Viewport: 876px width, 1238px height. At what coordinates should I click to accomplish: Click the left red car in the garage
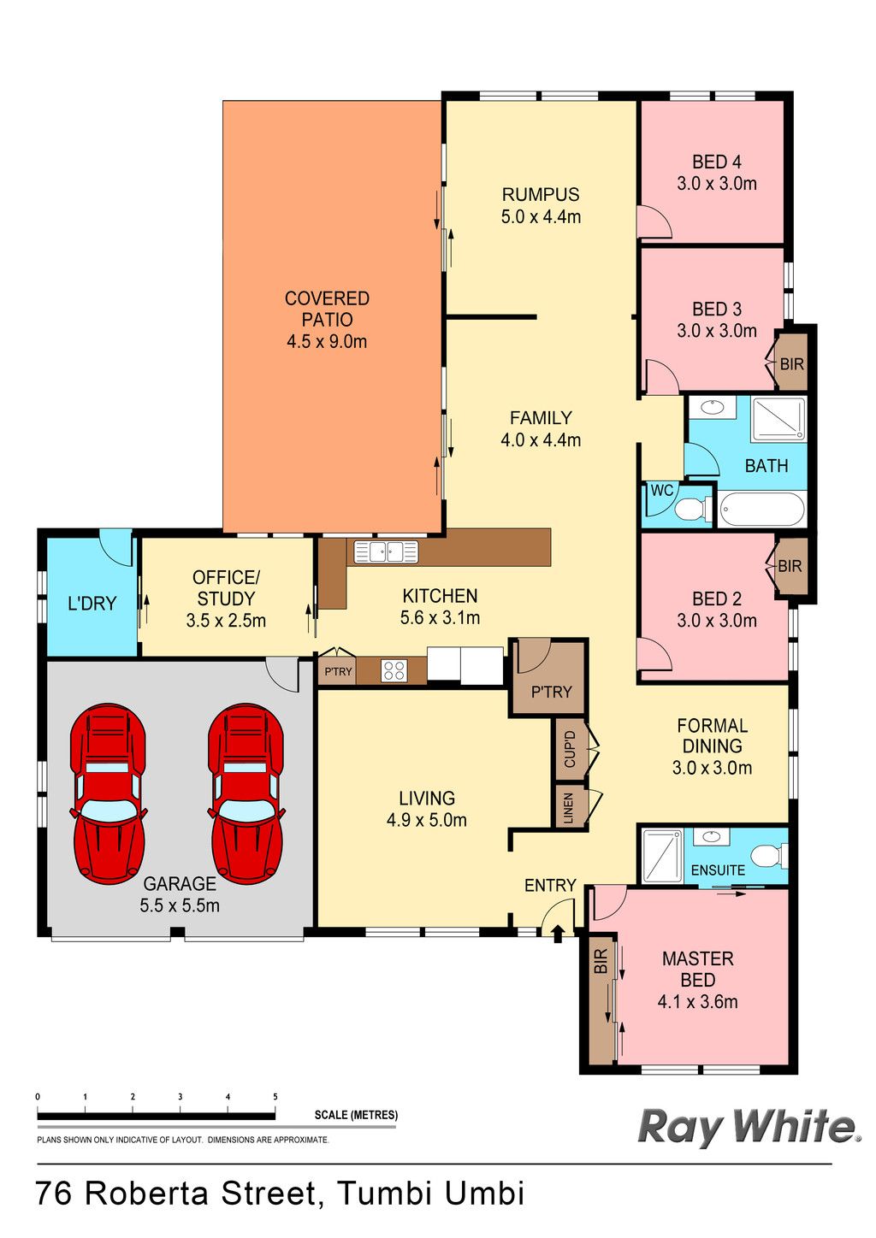point(108,793)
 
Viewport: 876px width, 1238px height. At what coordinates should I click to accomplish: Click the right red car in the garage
point(246,793)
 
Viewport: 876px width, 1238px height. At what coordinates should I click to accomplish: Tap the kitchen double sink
point(386,551)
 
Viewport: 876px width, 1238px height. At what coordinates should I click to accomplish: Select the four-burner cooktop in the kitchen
point(394,670)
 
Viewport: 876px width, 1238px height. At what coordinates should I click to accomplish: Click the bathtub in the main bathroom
point(761,509)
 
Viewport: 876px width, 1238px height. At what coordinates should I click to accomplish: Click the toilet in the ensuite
point(773,855)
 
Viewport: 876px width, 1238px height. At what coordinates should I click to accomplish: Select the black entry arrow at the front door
point(558,934)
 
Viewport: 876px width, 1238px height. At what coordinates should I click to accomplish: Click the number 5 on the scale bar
point(275,1097)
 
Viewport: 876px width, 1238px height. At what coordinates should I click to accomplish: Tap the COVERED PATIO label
point(326,309)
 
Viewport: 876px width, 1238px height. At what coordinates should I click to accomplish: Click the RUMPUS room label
point(541,195)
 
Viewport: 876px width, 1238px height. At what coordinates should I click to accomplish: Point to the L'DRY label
point(92,603)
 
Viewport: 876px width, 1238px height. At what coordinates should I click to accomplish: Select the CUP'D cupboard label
point(570,749)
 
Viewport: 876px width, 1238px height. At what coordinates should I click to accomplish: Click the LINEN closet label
point(568,808)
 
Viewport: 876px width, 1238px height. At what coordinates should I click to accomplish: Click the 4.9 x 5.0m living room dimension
point(426,820)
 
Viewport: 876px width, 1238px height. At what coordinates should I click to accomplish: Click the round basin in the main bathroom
point(711,408)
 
